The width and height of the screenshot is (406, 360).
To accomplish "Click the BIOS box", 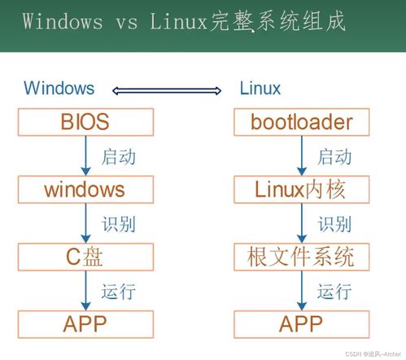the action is pyautogui.click(x=85, y=122).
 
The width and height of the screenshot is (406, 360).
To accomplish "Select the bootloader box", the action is pyautogui.click(x=302, y=122).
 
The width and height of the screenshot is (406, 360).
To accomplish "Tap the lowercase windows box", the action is pyautogui.click(x=85, y=189).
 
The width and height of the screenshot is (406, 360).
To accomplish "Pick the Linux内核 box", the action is pyautogui.click(x=302, y=189).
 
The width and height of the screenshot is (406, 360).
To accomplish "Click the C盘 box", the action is pyautogui.click(x=85, y=257).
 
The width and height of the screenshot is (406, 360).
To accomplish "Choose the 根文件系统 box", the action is pyautogui.click(x=302, y=257).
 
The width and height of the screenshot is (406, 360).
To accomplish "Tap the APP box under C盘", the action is pyautogui.click(x=85, y=324).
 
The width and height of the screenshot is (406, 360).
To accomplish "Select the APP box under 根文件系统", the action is pyautogui.click(x=302, y=324).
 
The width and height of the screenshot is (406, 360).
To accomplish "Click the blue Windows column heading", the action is pyautogui.click(x=59, y=88).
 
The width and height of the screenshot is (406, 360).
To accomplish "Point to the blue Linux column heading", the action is pyautogui.click(x=260, y=88).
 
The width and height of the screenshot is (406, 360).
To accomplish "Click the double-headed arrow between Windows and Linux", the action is pyautogui.click(x=167, y=90).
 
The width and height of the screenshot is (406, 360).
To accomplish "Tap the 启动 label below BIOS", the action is pyautogui.click(x=119, y=157).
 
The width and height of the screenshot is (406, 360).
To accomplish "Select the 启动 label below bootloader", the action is pyautogui.click(x=334, y=157).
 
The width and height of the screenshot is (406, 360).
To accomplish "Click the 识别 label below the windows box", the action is pyautogui.click(x=119, y=224).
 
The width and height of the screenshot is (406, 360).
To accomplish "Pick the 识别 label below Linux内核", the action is pyautogui.click(x=334, y=224).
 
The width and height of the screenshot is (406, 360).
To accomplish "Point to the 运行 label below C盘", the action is pyautogui.click(x=119, y=292).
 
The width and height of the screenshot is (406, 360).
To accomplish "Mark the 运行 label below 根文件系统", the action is pyautogui.click(x=334, y=292).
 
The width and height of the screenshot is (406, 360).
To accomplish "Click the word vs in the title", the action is pyautogui.click(x=127, y=22).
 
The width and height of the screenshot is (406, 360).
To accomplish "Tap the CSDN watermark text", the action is pyautogui.click(x=373, y=354).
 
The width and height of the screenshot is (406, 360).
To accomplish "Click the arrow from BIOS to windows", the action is pyautogui.click(x=85, y=156).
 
